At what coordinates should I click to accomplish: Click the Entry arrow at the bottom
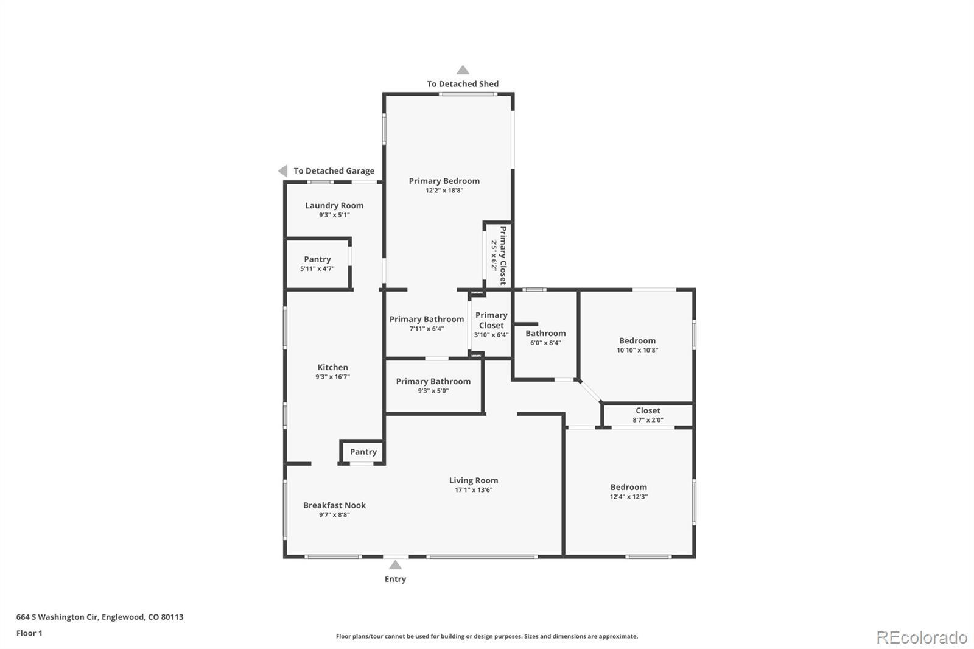(395, 564)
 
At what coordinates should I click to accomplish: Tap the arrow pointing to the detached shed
(463, 69)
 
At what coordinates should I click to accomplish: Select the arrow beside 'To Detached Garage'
(283, 171)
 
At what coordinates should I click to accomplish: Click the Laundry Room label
(334, 205)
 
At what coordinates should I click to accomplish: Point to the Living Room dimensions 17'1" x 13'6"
(474, 490)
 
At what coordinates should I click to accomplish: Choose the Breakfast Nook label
(334, 505)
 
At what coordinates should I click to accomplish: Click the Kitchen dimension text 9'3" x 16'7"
(332, 377)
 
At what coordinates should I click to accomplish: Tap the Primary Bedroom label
(444, 181)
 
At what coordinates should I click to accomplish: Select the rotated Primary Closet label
(503, 256)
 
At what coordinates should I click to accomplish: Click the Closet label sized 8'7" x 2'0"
(648, 410)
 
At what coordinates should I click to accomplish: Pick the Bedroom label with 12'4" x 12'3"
(628, 487)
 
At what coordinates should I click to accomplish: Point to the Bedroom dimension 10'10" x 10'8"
(637, 350)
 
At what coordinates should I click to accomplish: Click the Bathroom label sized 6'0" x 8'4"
(545, 333)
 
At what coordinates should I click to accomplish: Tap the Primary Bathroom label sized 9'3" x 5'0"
(433, 382)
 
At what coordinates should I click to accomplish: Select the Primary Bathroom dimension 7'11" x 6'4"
(426, 329)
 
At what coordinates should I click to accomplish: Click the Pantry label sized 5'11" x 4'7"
(317, 259)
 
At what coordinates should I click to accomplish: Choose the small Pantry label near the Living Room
(363, 452)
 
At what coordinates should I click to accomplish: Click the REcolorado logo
(922, 637)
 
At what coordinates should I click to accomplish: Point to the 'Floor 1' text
(29, 633)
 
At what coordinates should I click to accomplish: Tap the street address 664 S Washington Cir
(57, 617)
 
